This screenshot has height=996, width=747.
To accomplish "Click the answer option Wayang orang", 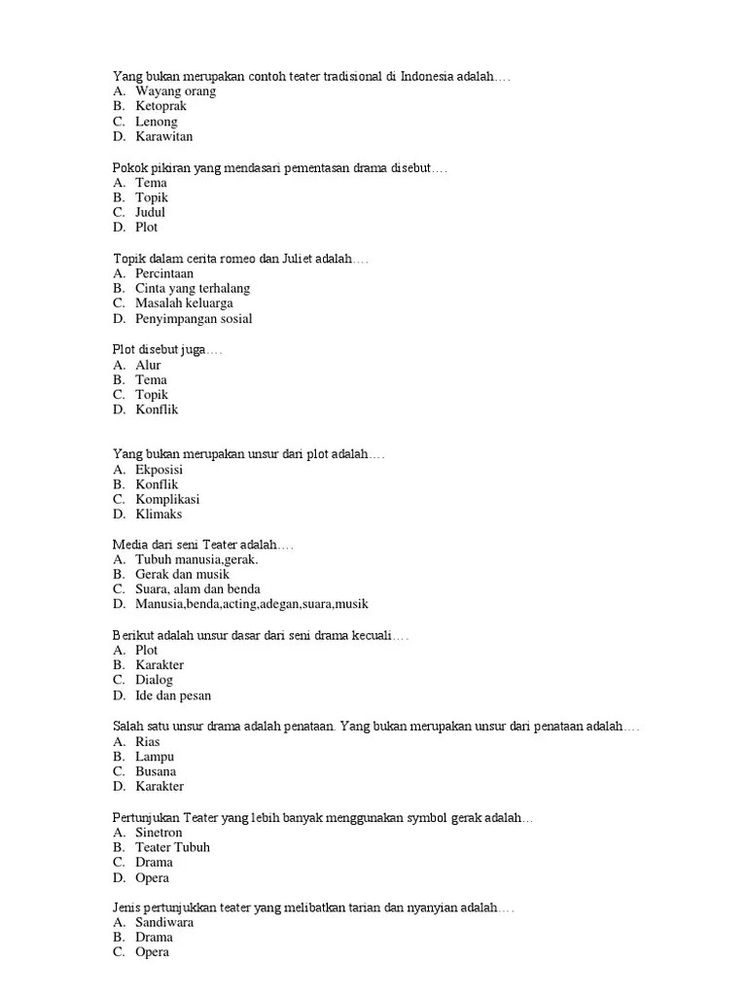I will click(x=175, y=91).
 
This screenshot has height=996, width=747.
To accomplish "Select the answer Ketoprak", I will click(x=160, y=106).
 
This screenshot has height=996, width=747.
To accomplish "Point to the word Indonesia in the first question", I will click(x=432, y=76).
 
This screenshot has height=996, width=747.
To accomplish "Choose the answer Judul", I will click(x=150, y=212).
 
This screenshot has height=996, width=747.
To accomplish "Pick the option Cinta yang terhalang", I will click(x=193, y=289).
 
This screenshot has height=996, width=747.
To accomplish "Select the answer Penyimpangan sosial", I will click(x=194, y=319).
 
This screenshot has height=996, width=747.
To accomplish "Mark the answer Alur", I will click(x=148, y=365).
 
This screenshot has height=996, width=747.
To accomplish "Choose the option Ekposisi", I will click(x=159, y=470).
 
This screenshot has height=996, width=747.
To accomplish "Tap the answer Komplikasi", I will click(x=167, y=499).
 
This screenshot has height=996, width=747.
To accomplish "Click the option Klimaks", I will click(x=159, y=515).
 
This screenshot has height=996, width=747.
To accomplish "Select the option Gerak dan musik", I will click(x=182, y=574).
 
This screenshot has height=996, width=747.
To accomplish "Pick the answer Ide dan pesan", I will click(x=173, y=695).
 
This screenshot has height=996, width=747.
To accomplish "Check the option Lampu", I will click(x=155, y=757).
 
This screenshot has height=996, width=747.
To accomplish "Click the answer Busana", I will click(x=156, y=771).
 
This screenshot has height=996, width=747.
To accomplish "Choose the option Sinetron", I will click(x=159, y=833).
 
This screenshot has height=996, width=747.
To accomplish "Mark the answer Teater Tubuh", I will click(x=172, y=847).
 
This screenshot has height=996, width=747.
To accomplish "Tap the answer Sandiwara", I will click(x=164, y=922).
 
